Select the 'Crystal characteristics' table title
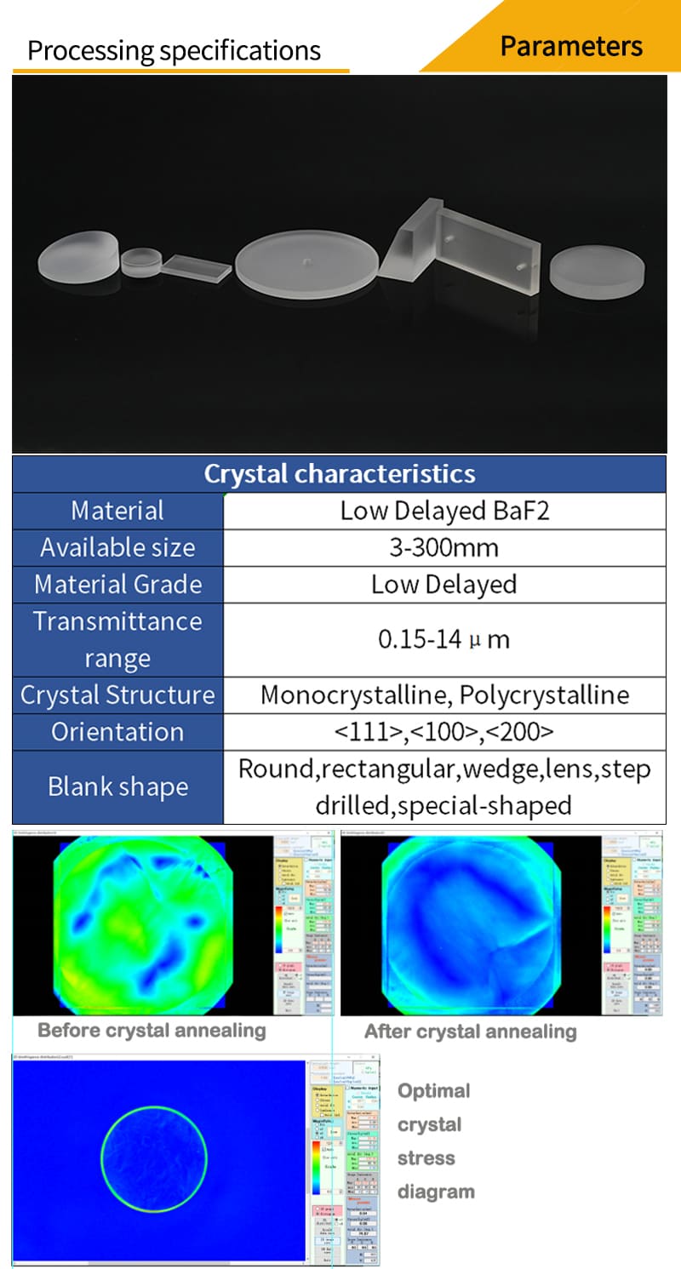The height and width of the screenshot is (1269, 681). coord(339,473)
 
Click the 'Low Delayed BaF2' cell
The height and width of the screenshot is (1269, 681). coord(444,511)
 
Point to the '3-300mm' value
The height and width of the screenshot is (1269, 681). coord(444,547)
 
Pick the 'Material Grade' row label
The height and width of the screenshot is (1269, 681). coord(117,585)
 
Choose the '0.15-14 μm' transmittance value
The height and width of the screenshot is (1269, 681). coord(444,639)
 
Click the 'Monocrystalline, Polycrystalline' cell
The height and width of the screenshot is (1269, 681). coord(444,695)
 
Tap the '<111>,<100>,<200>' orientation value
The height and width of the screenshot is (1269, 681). coord(444,731)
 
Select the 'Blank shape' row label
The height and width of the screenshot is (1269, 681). coord(117,786)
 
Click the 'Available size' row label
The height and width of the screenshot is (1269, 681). coord(117,547)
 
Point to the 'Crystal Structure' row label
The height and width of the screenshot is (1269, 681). coord(117,695)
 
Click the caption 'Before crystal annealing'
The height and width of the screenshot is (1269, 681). coord(152,1030)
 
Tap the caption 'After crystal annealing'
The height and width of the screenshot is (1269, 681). coord(470,1032)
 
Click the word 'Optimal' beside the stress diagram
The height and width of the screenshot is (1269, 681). coord(433,1090)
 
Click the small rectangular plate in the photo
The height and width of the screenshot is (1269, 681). coord(197,268)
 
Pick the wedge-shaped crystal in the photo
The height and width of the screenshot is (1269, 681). coord(411,243)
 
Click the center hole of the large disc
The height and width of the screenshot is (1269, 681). coord(306,256)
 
